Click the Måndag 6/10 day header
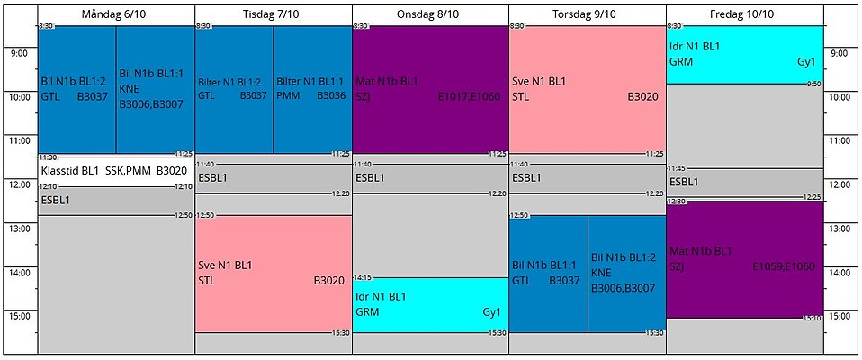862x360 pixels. pos(116,14)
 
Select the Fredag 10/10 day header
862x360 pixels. pos(745,14)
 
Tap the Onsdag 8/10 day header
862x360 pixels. pos(430,14)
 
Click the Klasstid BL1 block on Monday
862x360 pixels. pos(116,170)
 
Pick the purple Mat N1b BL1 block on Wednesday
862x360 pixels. pos(430,89)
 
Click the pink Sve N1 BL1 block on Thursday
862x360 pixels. pos(588,89)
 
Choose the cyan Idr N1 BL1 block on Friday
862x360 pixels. pos(745,54)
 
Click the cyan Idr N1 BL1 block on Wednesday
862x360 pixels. pos(430,304)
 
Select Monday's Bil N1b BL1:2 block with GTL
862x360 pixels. pos(77,89)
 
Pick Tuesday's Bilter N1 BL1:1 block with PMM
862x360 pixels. pos(312,89)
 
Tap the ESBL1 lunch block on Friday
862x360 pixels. pos(745,183)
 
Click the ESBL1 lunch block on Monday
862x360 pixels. pos(116,201)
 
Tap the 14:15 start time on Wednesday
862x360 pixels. pos(363,277)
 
